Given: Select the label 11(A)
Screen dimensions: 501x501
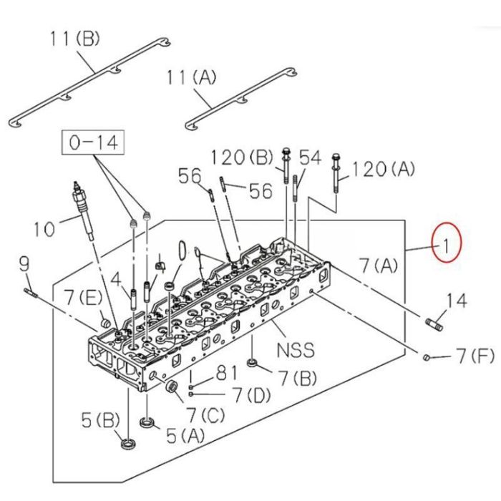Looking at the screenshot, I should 193,77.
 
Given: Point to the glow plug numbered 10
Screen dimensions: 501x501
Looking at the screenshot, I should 82,212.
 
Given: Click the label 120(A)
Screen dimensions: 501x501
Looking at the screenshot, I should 384,169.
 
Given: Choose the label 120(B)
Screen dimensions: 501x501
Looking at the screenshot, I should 242,157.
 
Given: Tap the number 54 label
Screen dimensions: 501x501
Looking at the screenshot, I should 311,157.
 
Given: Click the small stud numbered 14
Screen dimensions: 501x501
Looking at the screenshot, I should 435,323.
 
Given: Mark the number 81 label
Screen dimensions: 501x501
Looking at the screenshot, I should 227,373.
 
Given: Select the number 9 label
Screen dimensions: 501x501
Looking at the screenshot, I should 24,264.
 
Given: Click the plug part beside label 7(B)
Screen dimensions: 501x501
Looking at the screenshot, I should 252,365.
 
